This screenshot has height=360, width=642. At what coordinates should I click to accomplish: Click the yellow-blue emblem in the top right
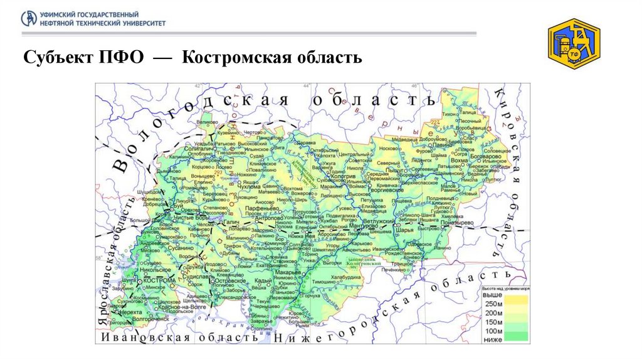coord(574,43)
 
